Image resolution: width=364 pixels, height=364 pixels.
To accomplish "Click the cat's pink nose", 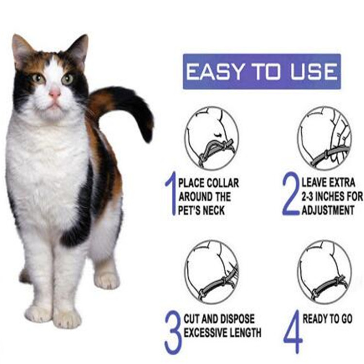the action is pos(55,94).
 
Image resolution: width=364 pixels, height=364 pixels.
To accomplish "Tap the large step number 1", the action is pos(171,195).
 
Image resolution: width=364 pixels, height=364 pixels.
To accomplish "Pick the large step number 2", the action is pos(290,195).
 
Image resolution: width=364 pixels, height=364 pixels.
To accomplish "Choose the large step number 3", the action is pos(173,332).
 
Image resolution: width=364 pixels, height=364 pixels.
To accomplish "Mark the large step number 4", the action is pos(294,331).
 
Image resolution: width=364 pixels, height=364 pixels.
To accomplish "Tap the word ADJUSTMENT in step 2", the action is pos(328,211).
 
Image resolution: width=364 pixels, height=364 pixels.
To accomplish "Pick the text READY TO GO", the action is pos(327,319).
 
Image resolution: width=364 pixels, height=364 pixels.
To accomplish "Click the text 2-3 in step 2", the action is pos(308,197).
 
